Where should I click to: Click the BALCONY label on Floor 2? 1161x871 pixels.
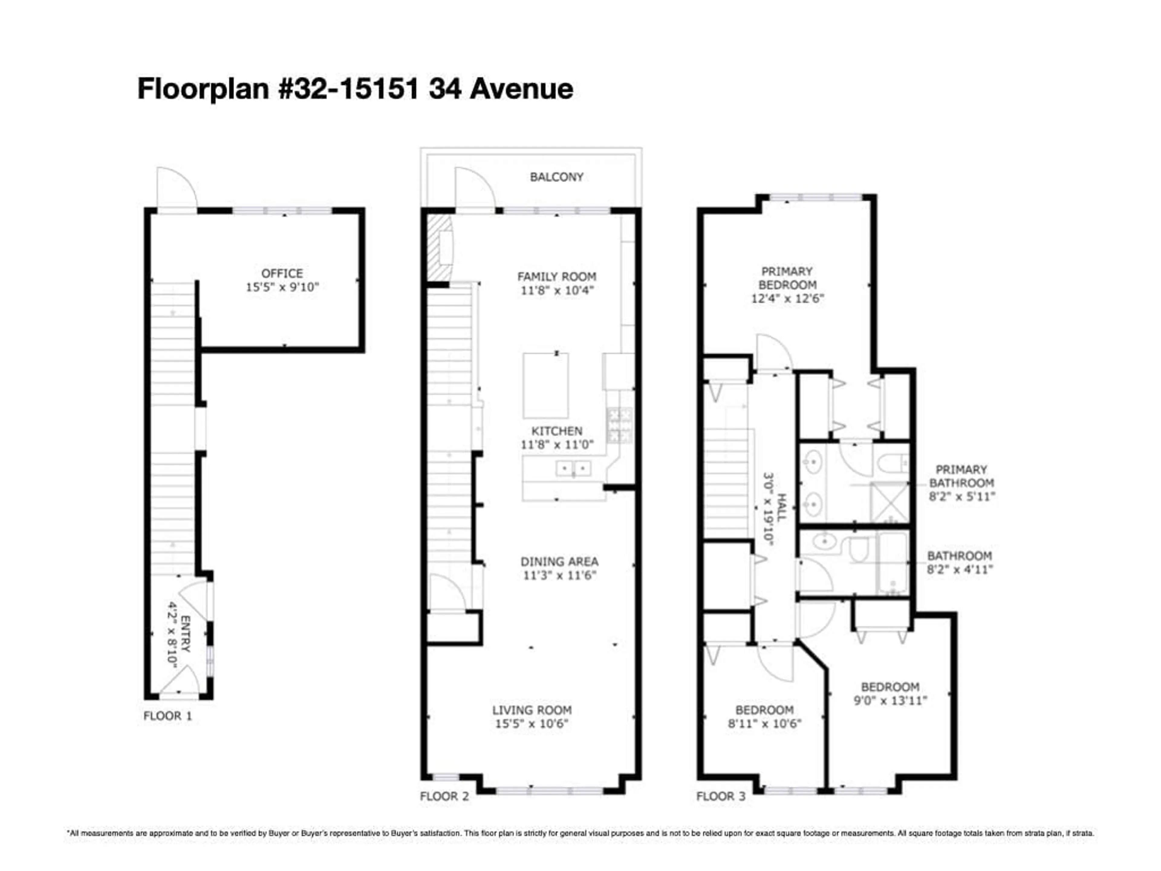(556, 177)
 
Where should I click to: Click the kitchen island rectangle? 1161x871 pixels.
(545, 385)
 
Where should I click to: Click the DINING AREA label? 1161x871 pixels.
(559, 561)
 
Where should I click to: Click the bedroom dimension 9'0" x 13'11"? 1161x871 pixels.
(890, 700)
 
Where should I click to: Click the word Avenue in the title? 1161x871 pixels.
(521, 88)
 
